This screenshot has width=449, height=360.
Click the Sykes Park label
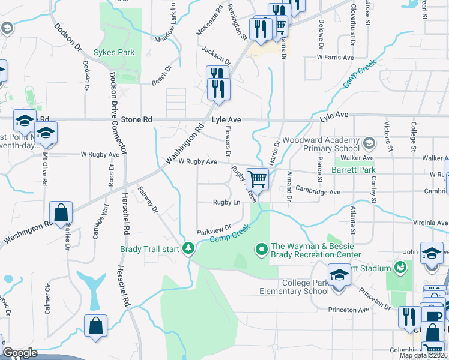tap(114, 52)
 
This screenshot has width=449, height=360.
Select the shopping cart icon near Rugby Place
tap(257, 178)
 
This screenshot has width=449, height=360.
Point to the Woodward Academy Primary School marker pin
tap(369, 143)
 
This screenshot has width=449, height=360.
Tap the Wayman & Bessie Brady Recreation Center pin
tap(261, 247)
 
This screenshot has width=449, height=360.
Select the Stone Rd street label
tap(136, 120)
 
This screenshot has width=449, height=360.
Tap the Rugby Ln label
tap(226, 202)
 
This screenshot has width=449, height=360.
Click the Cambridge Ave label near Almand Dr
tap(317, 192)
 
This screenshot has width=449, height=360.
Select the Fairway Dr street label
tap(148, 200)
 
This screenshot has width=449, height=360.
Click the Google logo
tap(20, 353)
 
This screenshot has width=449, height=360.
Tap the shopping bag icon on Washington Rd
tap(61, 212)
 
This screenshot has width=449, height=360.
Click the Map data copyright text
tap(423, 355)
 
